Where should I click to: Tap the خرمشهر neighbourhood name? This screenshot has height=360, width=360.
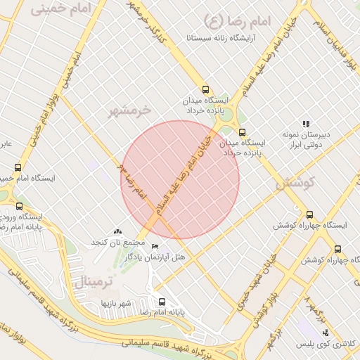(130, 110)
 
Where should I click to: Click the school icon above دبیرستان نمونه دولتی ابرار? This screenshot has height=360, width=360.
(305, 124)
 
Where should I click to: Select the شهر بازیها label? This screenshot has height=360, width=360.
(116, 303)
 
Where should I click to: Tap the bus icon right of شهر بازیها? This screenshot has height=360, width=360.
(162, 302)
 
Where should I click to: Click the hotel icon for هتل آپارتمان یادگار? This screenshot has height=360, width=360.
(155, 246)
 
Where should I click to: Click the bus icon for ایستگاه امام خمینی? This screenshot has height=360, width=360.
(18, 168)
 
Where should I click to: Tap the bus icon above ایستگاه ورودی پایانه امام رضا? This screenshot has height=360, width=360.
(19, 207)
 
